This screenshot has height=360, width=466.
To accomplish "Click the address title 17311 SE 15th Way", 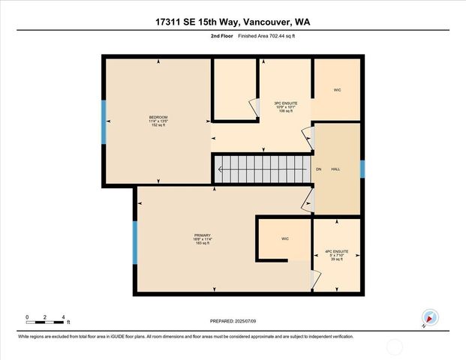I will point(233,22).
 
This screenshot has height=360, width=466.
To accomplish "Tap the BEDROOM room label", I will point(158,118).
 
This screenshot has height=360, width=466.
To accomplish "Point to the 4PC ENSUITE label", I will point(335,251).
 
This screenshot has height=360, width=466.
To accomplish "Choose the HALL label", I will point(335,169).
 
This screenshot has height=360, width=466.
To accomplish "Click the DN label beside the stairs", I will point(318,169).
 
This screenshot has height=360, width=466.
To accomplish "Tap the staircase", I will point(262,169).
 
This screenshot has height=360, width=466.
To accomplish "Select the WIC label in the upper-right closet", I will point(337,90).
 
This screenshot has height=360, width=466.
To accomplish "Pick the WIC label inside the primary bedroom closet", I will point(285,238).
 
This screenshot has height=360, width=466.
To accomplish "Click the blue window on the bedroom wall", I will point(104,121).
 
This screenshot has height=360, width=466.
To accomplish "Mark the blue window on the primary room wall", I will point(135,242).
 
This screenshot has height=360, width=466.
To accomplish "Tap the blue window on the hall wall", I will point(362,169).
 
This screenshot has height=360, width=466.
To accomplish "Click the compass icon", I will point(428,317).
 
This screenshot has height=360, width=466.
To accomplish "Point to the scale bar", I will point(47,322).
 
